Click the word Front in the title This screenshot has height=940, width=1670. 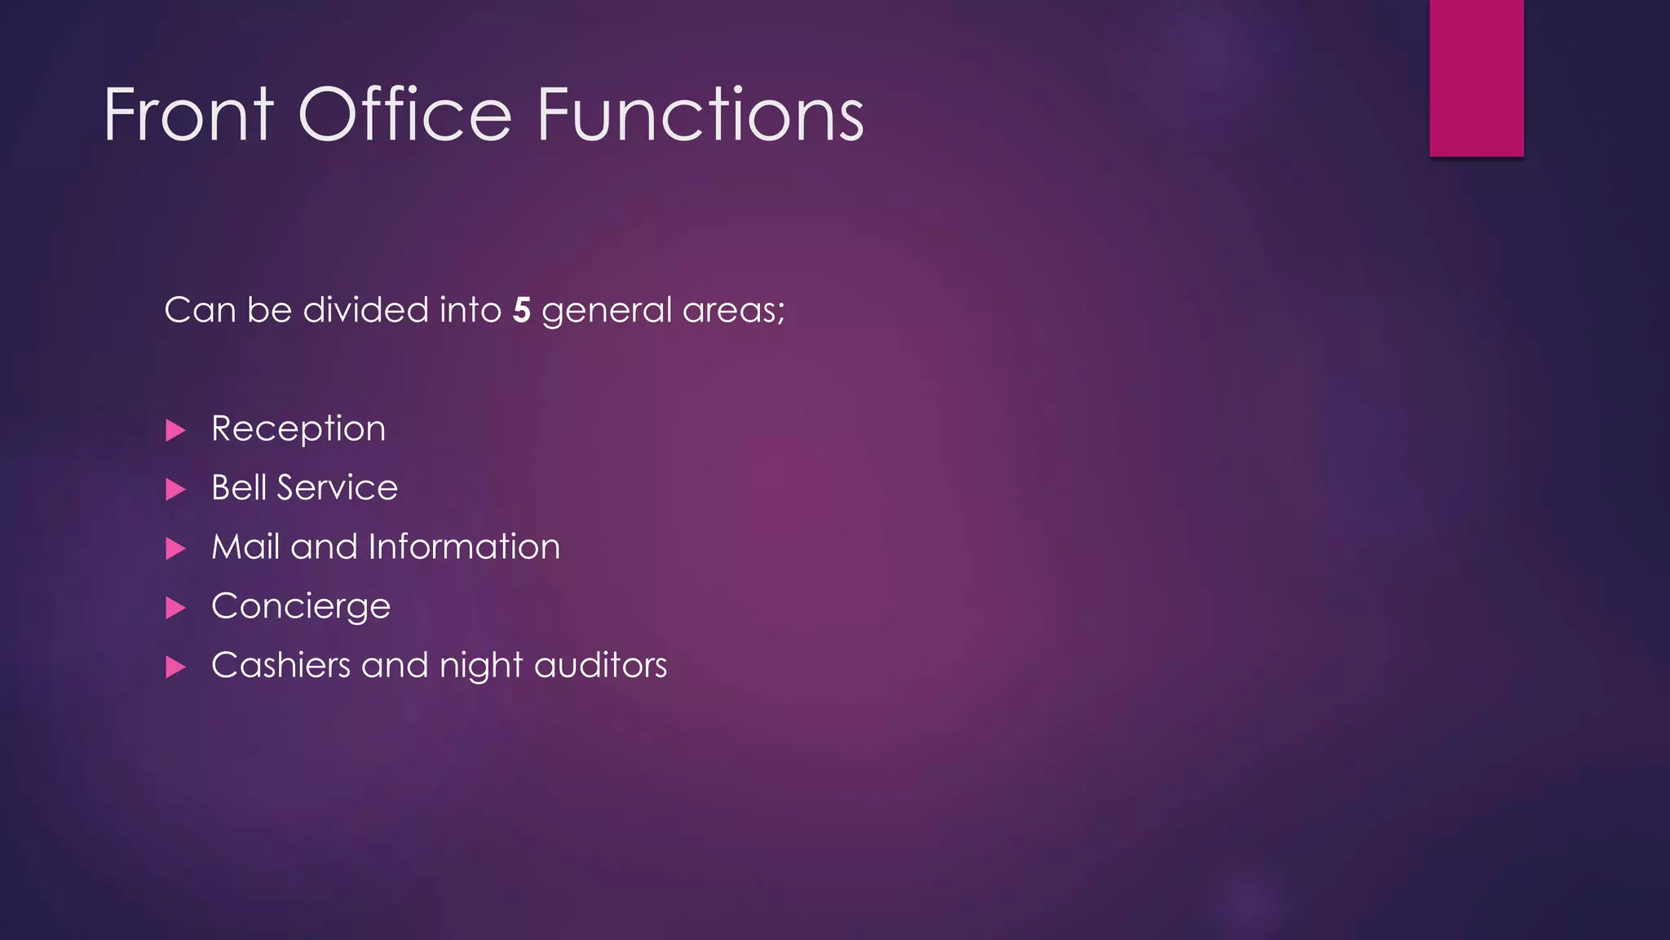click(x=189, y=115)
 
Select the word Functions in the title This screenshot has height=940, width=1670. click(x=700, y=115)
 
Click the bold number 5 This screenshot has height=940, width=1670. click(x=522, y=311)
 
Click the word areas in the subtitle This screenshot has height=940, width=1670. click(x=732, y=311)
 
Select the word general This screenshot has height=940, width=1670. click(x=607, y=311)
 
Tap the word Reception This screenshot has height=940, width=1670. click(x=298, y=429)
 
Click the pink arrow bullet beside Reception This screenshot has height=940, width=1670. click(x=175, y=430)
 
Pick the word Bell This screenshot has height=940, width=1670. click(x=239, y=488)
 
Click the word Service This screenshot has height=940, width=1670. click(x=338, y=488)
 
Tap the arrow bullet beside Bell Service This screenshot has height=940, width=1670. click(x=175, y=490)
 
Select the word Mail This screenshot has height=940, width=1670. click(x=245, y=547)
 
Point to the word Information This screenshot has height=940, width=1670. click(x=464, y=547)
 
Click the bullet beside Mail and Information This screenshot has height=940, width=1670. click(x=175, y=548)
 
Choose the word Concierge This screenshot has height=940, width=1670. click(x=301, y=607)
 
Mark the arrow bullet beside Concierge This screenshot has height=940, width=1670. click(x=175, y=608)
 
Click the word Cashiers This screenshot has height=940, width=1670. click(x=281, y=665)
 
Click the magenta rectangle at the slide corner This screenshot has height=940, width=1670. click(x=1476, y=78)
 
